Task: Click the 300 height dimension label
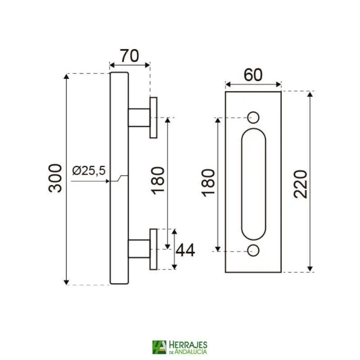55,178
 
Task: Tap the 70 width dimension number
130,56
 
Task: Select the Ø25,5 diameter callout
89,171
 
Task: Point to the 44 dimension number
185,250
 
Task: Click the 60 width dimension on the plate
253,75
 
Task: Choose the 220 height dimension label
300,184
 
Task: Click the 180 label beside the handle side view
157,181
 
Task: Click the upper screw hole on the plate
253,117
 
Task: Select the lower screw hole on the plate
253,251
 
